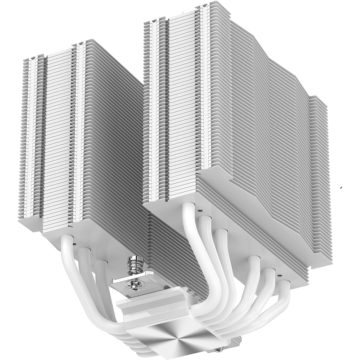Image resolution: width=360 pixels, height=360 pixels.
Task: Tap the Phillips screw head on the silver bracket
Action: [136, 285]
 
